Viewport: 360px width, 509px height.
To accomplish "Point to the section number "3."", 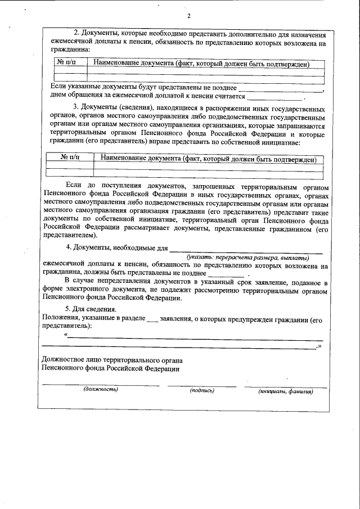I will click(76, 107).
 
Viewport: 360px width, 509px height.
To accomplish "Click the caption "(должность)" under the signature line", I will click(101, 389).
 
